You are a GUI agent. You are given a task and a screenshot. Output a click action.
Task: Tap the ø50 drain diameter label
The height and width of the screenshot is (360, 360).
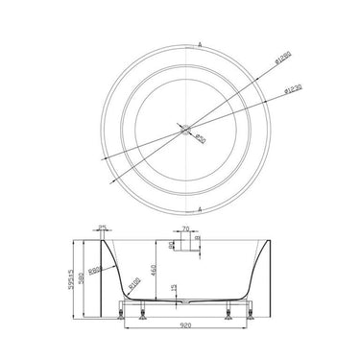click(x=200, y=141)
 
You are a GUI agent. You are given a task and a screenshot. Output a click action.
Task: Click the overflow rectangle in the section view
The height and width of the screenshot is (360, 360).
click(x=184, y=246)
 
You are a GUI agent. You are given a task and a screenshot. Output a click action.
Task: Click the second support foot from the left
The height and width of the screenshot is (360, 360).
click(x=147, y=315)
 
